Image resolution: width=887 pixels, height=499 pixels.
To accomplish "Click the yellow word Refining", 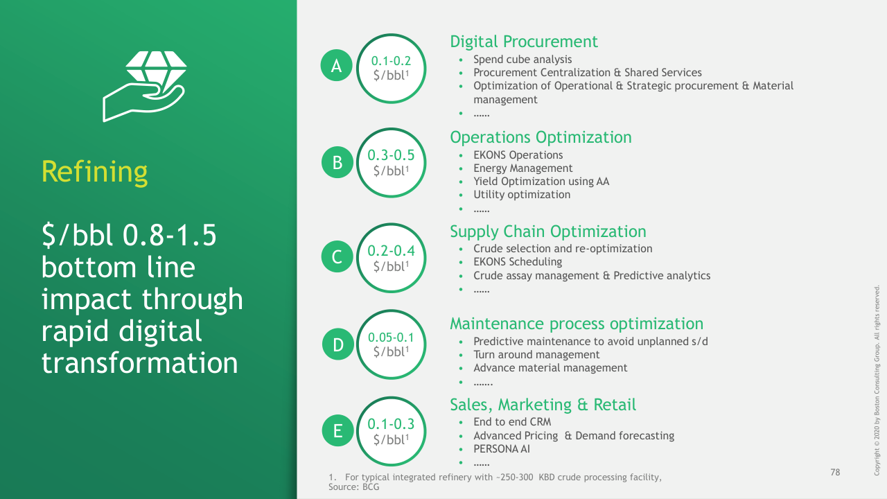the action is coord(95,172).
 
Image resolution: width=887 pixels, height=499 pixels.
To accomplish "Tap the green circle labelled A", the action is coord(336,65).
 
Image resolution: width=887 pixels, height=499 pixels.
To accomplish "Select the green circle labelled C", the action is coord(337,256).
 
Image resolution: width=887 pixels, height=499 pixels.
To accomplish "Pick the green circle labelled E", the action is coord(337,430).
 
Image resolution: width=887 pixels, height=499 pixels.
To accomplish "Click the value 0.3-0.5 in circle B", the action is coord(391,155).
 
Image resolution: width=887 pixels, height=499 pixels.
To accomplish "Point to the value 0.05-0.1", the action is coord(391,338).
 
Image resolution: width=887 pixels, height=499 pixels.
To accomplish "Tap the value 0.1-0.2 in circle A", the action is coord(391,61).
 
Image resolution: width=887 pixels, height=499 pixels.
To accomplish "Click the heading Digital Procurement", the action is coord(523,42).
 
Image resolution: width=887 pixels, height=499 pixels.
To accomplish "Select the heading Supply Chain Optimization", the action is coord(548,231).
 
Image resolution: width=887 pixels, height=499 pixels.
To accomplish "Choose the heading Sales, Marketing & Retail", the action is coord(543,405).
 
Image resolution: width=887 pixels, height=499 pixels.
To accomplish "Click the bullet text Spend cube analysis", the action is coord(522,60).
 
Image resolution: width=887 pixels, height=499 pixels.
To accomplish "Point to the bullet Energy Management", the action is coord(522,168).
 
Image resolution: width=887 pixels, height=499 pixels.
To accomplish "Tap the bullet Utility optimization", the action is coord(522,195).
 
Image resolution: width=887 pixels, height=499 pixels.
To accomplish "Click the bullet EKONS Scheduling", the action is coord(518,262).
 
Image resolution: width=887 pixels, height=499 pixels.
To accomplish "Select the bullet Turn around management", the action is coord(536,354).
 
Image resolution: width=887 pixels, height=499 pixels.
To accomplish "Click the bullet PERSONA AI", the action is coord(501,449).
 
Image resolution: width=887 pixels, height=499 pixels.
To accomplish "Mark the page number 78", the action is coord(835,472).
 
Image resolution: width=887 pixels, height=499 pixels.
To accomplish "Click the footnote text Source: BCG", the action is coord(353,487).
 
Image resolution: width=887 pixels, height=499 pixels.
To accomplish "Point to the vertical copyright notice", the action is coord(877,380).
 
